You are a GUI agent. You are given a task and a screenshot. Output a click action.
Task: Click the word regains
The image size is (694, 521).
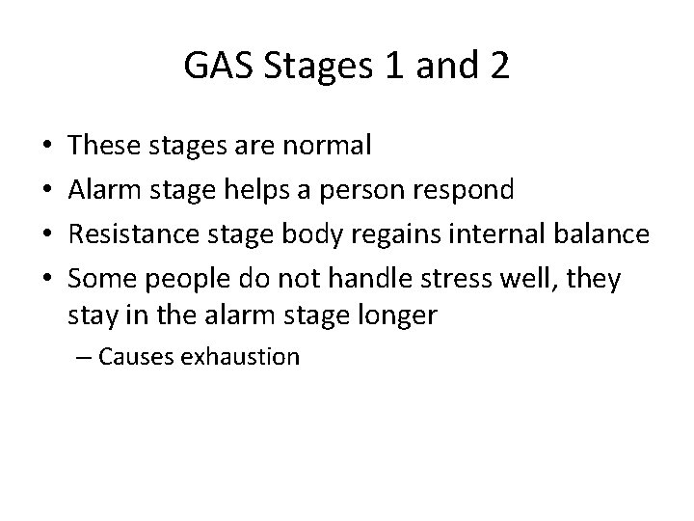click(387, 234)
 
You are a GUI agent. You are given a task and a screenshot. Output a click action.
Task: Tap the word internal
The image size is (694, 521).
click(490, 234)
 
